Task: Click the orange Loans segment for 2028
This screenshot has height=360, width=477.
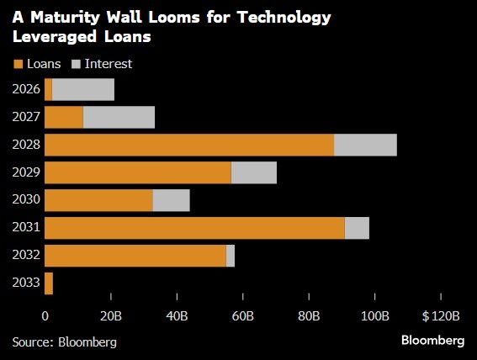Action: pos(189,145)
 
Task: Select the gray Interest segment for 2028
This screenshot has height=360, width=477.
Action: pos(365,145)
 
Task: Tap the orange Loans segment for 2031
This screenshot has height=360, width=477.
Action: pos(194,228)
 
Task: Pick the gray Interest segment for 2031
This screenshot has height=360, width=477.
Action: pos(357,228)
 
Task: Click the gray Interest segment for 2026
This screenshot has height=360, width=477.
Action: pos(82,89)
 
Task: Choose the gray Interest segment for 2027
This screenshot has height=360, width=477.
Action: pos(119,117)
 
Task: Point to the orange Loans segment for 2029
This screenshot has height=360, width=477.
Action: pos(137,172)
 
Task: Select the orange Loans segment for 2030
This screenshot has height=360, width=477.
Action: pos(98,200)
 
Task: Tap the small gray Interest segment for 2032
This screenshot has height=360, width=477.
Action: pos(231,256)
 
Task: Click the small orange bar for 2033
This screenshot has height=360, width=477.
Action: pos(49,283)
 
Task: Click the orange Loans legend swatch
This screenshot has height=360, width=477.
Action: pos(18,64)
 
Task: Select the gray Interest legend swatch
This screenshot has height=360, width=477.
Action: pos(77,64)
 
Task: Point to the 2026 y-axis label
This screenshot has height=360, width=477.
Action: pos(26,89)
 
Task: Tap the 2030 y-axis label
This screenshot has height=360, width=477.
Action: pos(26,200)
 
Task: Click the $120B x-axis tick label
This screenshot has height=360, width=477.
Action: pos(442,316)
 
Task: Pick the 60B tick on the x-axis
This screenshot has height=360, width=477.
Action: pos(243,316)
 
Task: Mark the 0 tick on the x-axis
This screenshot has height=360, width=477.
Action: pos(45,316)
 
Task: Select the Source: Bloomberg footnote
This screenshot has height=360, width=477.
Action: pos(65,341)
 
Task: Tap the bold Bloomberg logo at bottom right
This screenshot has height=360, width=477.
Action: pos(432,340)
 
